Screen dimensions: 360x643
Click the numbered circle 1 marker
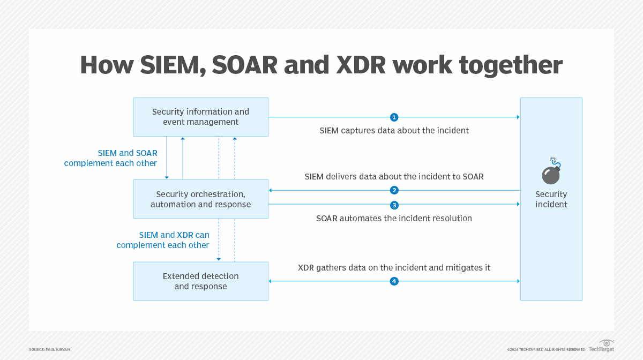[394, 117]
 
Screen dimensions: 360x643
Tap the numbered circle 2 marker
[394, 190]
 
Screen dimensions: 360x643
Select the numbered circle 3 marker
[394, 205]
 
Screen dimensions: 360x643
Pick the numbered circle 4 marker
[394, 281]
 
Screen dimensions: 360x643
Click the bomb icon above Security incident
[550, 172]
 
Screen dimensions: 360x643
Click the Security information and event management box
[200, 117]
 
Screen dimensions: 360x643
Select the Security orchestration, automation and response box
[200, 199]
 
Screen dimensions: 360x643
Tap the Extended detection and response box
[200, 281]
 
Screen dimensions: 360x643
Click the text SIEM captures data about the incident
[394, 131]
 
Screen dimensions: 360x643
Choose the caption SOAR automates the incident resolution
[394, 219]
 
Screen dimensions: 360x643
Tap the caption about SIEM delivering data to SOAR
[394, 176]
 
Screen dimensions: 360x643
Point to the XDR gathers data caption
[394, 267]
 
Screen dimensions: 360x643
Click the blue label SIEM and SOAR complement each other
[111, 158]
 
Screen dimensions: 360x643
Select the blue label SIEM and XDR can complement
[163, 240]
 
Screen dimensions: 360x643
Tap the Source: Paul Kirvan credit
[49, 349]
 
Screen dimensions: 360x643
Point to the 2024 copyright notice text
[546, 349]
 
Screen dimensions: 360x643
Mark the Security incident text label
[551, 199]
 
